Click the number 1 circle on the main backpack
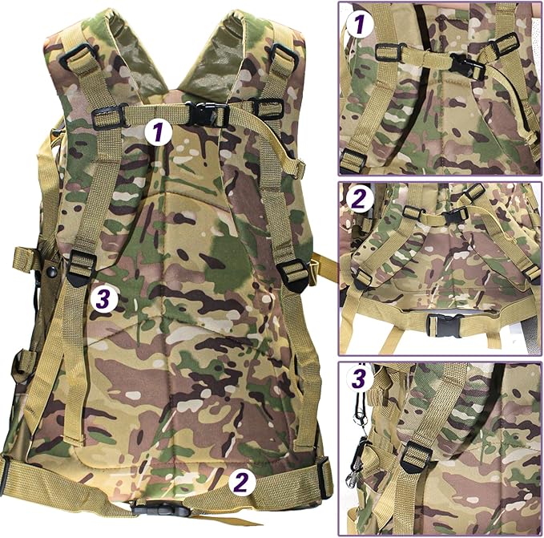tap(159, 131)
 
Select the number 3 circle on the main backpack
tap(105, 298)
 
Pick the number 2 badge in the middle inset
tap(360, 198)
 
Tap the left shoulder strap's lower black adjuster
tap(81, 268)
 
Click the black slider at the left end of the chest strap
tap(107, 117)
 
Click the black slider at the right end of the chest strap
tap(268, 108)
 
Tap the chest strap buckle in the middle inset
tap(453, 215)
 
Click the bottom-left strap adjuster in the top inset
tap(353, 160)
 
